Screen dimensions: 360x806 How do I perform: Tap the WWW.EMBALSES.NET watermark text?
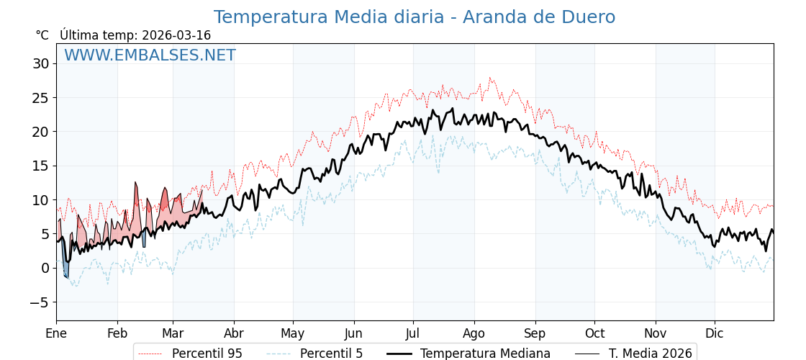coord(150,55)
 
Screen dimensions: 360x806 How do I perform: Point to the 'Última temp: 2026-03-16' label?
coord(135,35)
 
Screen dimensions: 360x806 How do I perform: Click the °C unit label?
coord(42,35)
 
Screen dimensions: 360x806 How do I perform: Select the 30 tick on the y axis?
coord(40,63)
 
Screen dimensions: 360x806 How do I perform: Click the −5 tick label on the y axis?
coord(39,302)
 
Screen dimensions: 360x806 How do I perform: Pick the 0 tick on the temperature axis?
coord(45,269)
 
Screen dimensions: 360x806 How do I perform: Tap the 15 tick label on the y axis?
coord(40,166)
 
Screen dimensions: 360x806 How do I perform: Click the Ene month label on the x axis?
coord(56,333)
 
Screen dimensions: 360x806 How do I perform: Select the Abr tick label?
coord(234,333)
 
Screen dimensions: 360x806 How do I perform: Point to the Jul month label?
coord(413,333)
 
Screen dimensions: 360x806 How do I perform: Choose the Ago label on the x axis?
coord(474,333)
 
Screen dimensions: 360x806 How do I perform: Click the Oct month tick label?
coord(594,333)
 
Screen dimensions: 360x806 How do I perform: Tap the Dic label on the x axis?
coord(715,333)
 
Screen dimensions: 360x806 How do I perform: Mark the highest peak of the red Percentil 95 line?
coord(490,78)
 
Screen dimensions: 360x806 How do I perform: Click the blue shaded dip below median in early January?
coord(65,269)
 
